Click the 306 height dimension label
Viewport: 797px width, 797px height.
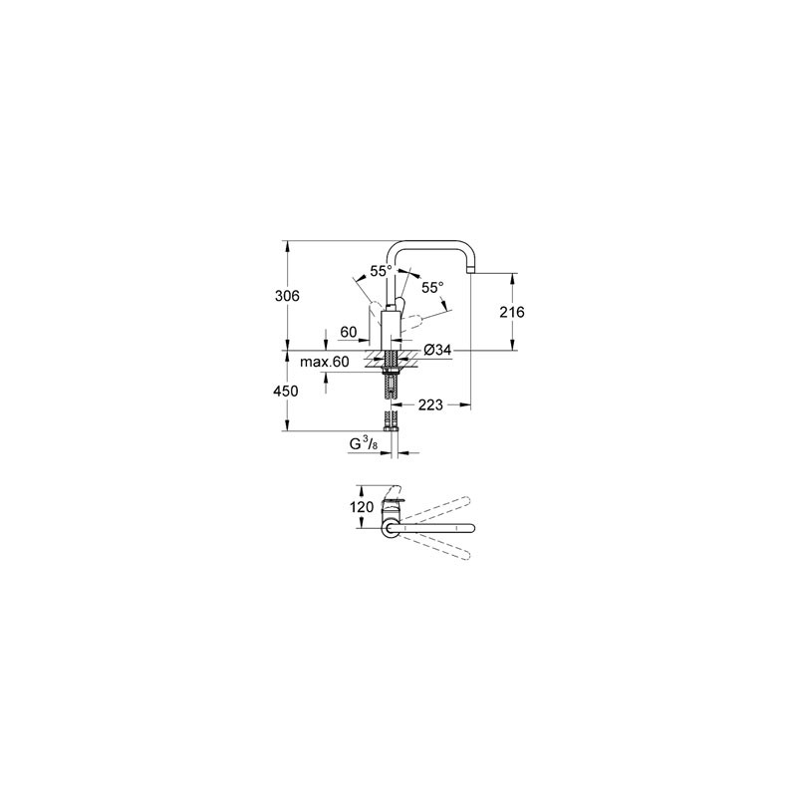pos(287,296)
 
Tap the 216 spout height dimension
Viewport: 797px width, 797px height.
pos(511,312)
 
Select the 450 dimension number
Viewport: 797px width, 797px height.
pos(286,392)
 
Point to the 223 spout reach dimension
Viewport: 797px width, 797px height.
pos(430,405)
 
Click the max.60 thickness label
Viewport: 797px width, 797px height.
pos(325,362)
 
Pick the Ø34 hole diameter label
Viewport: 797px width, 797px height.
pos(437,350)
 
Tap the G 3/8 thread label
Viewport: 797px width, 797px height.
pos(364,444)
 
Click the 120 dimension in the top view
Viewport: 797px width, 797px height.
pos(362,507)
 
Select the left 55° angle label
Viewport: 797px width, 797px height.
pos(382,271)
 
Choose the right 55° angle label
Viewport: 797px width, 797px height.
pos(432,288)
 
